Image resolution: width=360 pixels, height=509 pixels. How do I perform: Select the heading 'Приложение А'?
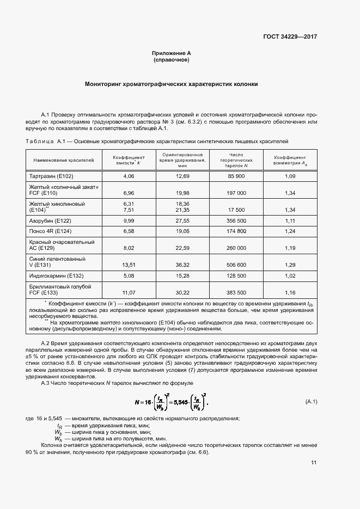(171, 53)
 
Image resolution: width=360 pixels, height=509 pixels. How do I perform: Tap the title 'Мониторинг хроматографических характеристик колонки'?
(171, 84)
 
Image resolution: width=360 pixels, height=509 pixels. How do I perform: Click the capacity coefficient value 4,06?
(129, 176)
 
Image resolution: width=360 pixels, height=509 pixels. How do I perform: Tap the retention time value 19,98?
(182, 193)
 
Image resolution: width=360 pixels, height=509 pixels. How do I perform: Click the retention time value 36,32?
(182, 265)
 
